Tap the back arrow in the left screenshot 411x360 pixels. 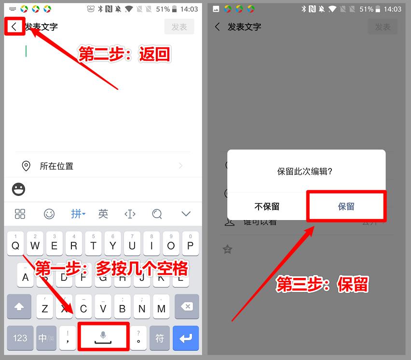click(14, 27)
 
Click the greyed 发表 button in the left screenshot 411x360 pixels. click(179, 27)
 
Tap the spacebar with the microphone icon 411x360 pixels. click(103, 336)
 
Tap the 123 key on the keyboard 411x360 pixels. click(20, 338)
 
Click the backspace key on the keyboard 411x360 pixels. click(186, 307)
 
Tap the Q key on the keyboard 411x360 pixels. click(15, 246)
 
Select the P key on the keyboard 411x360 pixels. click(190, 246)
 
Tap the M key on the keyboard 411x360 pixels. click(161, 307)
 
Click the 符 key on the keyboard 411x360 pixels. click(160, 338)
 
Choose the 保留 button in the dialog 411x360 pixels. click(346, 207)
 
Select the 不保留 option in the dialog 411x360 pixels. click(267, 207)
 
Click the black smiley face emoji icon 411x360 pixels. click(18, 190)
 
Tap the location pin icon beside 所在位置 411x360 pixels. click(26, 166)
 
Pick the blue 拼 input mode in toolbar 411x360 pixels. click(78, 214)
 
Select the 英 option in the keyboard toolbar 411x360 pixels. click(103, 214)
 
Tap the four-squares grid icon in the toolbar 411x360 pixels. click(20, 214)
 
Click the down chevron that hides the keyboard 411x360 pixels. click(186, 214)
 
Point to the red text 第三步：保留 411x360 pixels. click(322, 285)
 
